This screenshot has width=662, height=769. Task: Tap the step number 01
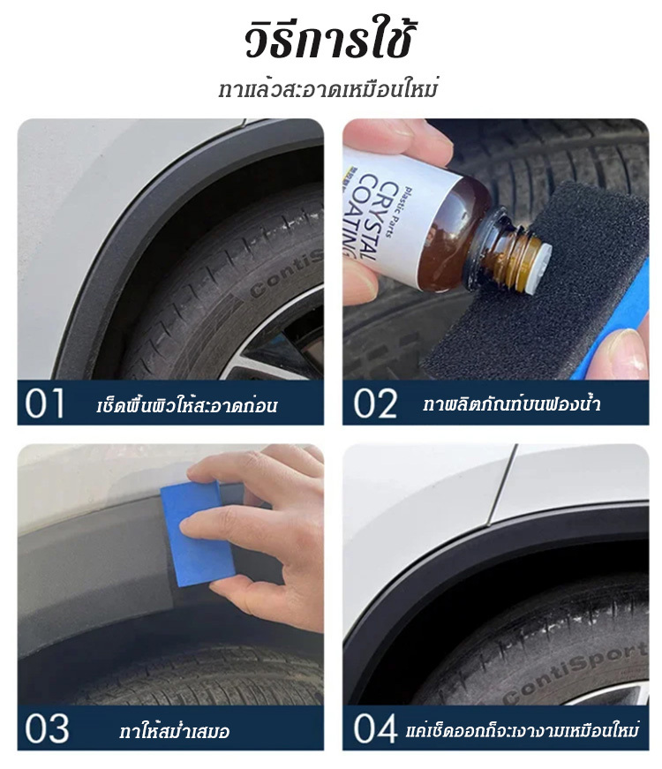(45, 403)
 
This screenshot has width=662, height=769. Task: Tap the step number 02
(375, 403)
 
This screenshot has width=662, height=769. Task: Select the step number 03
(46, 729)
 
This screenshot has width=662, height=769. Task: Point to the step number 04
(375, 729)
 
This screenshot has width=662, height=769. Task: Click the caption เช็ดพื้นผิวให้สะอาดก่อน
(186, 405)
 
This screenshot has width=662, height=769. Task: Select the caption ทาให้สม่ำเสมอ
(174, 731)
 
